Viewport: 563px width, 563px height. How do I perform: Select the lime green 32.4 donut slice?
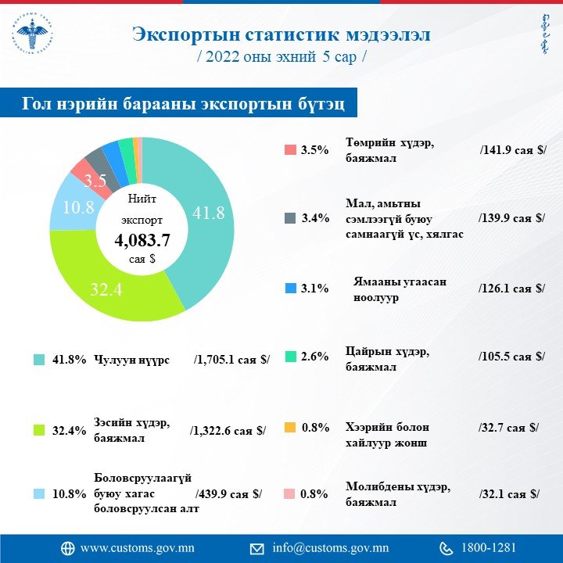(109, 289)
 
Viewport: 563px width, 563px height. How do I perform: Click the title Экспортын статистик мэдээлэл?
(281, 35)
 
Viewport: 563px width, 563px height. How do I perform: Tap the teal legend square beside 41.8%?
(38, 360)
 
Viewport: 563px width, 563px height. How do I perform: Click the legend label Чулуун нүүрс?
(131, 360)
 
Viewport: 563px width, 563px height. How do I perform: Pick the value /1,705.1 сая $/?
(231, 360)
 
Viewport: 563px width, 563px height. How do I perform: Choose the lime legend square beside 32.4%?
(38, 429)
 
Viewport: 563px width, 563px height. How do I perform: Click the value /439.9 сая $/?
(228, 494)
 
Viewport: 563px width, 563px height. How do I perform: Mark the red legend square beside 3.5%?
(289, 149)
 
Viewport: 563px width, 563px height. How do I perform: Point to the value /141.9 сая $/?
(511, 149)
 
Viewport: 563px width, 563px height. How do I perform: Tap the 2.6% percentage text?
(315, 357)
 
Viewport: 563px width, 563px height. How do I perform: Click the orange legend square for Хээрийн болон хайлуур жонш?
(289, 428)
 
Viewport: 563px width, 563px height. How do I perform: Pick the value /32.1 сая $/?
(508, 494)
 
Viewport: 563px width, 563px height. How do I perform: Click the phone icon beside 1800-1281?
(446, 547)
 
